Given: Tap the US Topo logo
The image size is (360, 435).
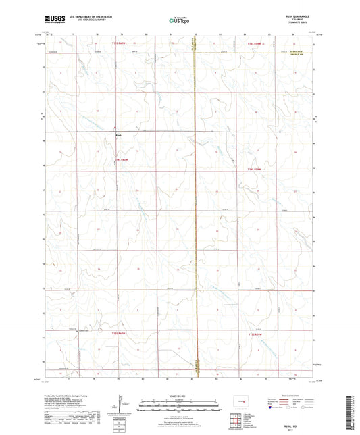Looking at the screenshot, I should pyautogui.click(x=180, y=20).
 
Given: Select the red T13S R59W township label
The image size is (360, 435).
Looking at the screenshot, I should pyautogui.click(x=251, y=45).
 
